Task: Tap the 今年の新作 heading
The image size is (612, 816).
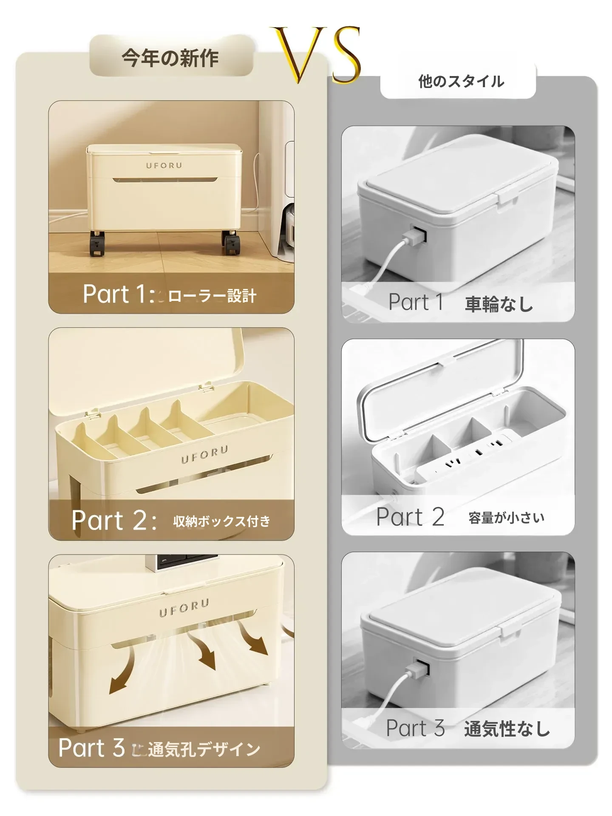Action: pyautogui.click(x=170, y=58)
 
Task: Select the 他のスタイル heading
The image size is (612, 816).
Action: pyautogui.click(x=461, y=81)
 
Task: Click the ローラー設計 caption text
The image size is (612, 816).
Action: pyautogui.click(x=212, y=296)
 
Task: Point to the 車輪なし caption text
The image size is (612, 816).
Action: pyautogui.click(x=499, y=304)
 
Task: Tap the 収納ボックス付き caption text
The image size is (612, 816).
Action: pyautogui.click(x=221, y=521)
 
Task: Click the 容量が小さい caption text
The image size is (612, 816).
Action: pyautogui.click(x=506, y=518)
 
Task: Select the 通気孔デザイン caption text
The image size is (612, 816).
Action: pyautogui.click(x=204, y=749)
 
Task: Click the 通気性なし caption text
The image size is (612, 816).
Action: pyautogui.click(x=507, y=729)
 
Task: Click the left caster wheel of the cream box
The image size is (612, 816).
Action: pyautogui.click(x=97, y=245)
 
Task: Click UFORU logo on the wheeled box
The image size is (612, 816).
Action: pyautogui.click(x=164, y=165)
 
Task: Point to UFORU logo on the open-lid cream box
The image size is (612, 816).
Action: pyautogui.click(x=205, y=454)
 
